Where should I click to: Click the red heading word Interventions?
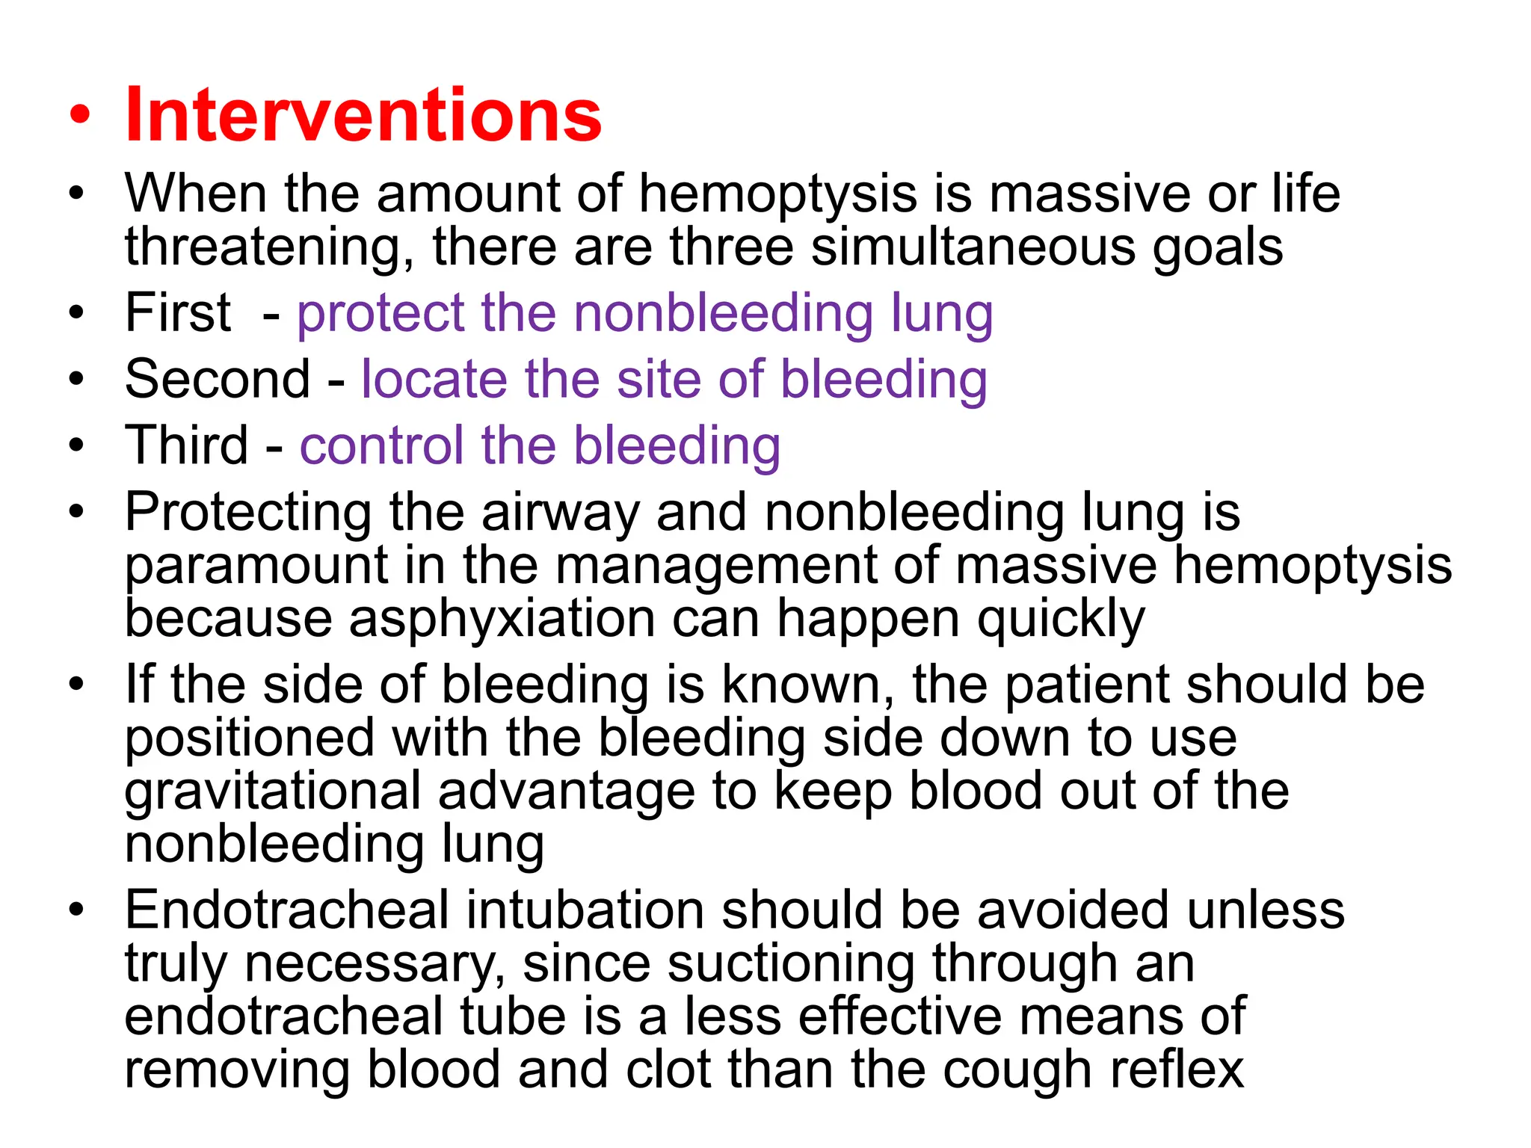(x=363, y=115)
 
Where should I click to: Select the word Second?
(x=218, y=379)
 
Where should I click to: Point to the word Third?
(x=186, y=445)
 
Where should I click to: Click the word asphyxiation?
(x=501, y=620)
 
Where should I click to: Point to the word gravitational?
(x=273, y=792)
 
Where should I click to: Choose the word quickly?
(x=1061, y=620)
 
